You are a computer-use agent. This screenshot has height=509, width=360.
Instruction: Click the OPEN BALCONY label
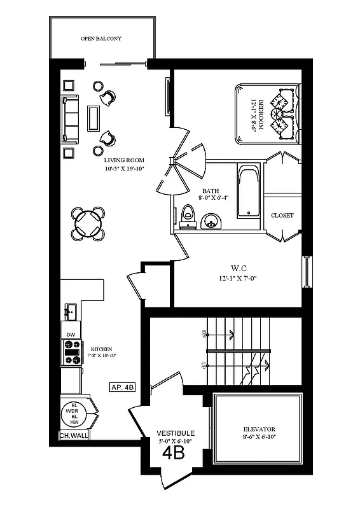tap(101, 39)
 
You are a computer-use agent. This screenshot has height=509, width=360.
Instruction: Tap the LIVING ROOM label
tap(125, 160)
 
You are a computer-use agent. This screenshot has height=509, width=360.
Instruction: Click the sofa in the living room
tap(70, 119)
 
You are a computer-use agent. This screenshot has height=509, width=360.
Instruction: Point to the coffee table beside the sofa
tap(93, 118)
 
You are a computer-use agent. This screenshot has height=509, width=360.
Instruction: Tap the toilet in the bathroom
tap(187, 216)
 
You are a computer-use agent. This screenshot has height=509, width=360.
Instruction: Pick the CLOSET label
tap(282, 216)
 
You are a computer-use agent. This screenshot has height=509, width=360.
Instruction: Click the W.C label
tap(239, 268)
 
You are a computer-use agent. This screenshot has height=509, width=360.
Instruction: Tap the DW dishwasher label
tap(71, 334)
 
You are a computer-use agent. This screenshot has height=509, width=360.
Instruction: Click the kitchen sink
tap(70, 312)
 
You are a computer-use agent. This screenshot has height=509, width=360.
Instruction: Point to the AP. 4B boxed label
tap(123, 387)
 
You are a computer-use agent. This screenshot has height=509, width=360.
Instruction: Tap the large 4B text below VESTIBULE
tap(174, 453)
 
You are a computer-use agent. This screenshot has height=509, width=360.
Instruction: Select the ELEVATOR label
tap(257, 429)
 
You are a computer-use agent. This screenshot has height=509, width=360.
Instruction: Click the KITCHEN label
tap(102, 349)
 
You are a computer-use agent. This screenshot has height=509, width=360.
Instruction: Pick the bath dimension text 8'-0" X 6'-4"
tap(211, 199)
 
